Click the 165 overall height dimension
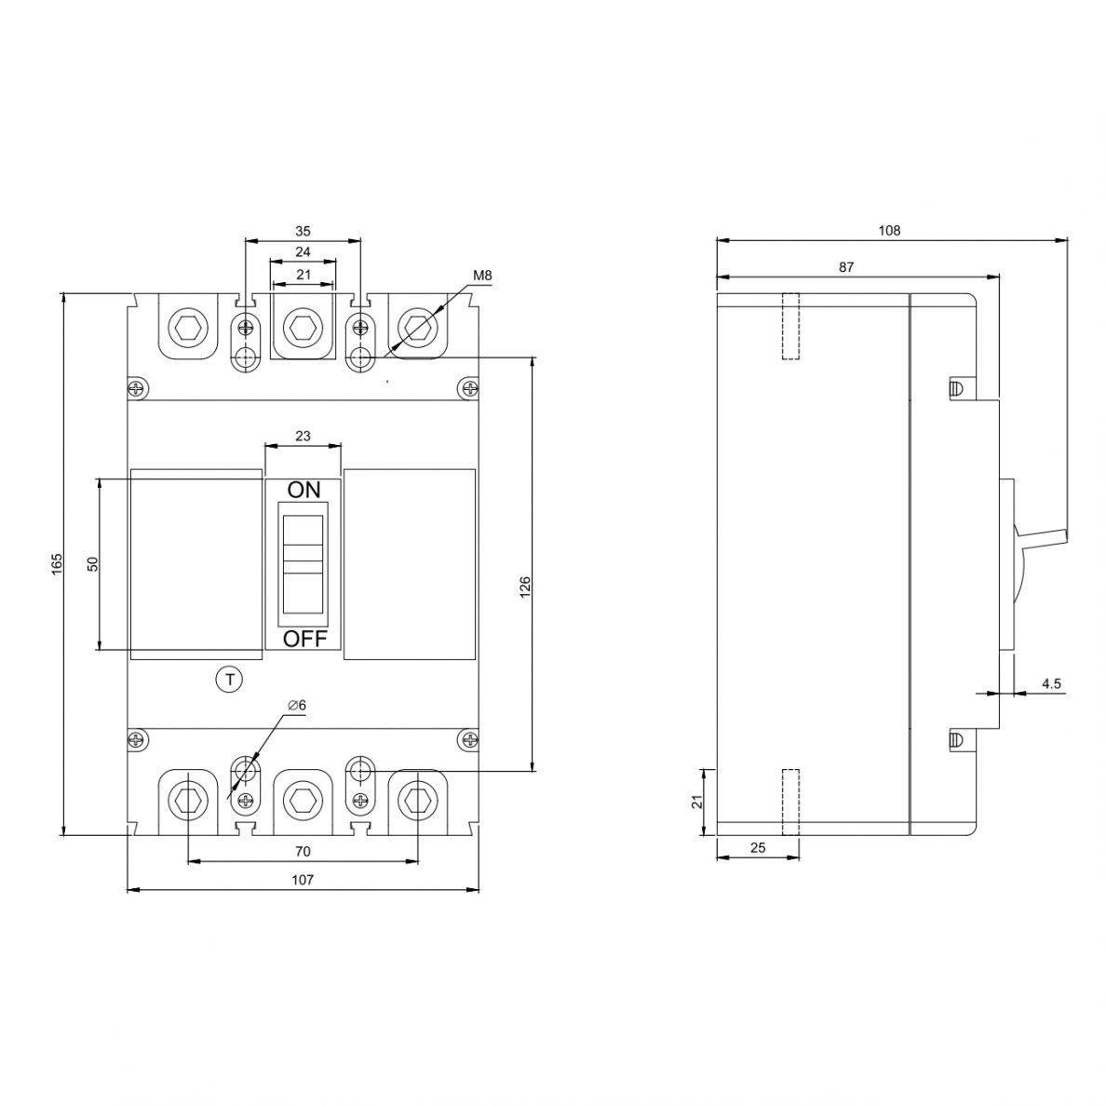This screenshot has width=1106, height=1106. click(58, 563)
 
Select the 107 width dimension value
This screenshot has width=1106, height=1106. click(303, 880)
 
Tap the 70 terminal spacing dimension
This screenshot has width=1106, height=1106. click(303, 851)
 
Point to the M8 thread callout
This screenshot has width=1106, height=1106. click(482, 275)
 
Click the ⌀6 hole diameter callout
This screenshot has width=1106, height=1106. click(297, 706)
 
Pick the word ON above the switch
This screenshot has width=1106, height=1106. click(304, 490)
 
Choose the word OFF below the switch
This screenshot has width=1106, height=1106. click(305, 639)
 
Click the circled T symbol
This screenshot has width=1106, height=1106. click(228, 680)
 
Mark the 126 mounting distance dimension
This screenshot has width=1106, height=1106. click(525, 587)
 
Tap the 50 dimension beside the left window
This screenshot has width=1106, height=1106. click(92, 563)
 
